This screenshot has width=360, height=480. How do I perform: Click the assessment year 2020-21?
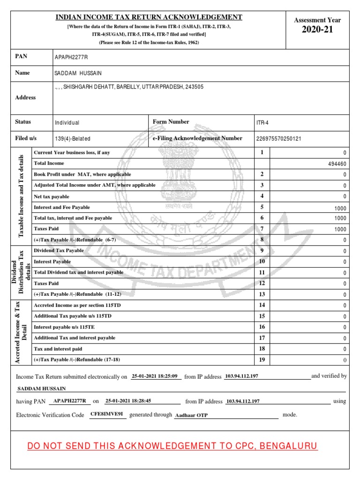[317, 31]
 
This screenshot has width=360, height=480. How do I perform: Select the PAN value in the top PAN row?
[71, 57]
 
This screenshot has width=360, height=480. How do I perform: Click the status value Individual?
[67, 122]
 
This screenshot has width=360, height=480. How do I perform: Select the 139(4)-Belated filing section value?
[73, 139]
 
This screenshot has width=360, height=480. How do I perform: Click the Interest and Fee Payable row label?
[62, 207]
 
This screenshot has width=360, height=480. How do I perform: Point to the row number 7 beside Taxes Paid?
[262, 229]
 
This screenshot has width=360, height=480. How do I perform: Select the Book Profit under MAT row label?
[82, 174]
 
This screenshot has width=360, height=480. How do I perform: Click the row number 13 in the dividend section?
[262, 294]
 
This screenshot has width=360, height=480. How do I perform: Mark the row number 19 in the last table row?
[262, 360]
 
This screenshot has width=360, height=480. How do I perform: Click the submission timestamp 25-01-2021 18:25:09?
[154, 376]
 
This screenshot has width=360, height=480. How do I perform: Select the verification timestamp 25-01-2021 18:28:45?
[128, 401]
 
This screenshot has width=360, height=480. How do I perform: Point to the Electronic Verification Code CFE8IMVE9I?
[106, 415]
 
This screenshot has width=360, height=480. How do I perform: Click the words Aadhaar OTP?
[191, 415]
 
